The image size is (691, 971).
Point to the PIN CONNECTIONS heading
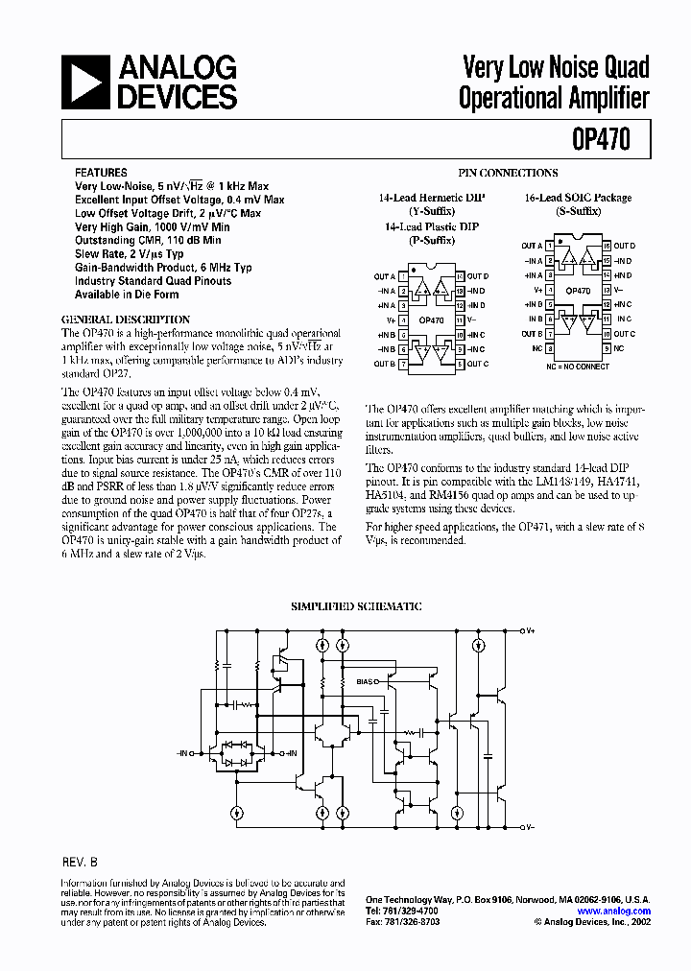tap(508, 173)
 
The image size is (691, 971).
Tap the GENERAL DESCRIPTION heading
tap(125, 319)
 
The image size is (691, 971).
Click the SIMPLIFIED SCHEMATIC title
tap(356, 606)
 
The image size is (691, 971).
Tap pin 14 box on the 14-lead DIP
tap(460, 276)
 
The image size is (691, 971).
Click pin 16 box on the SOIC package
tap(606, 247)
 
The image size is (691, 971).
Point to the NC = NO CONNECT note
tap(578, 366)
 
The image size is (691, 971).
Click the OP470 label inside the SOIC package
tap(578, 290)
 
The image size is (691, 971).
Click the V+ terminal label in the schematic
tap(528, 630)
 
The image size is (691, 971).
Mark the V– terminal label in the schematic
tap(528, 826)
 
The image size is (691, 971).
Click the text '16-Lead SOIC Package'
tap(578, 198)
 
